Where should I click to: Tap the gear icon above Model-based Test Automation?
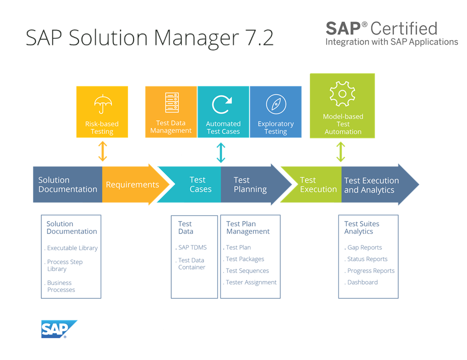(x=342, y=94)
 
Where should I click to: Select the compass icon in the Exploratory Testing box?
(x=275, y=104)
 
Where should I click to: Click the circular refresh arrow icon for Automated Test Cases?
(x=222, y=104)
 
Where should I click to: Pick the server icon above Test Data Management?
(x=171, y=102)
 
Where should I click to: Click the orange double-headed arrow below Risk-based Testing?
(x=102, y=150)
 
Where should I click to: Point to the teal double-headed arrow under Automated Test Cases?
(x=221, y=152)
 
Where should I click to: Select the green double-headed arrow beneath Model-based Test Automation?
(x=341, y=151)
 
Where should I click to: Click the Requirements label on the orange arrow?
(x=132, y=184)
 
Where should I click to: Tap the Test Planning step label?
(x=250, y=184)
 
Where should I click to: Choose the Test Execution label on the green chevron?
(x=318, y=184)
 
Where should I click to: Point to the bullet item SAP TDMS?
(x=192, y=247)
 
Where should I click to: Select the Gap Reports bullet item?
(x=364, y=247)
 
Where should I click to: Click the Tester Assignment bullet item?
(x=251, y=282)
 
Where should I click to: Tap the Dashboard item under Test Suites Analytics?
(x=362, y=282)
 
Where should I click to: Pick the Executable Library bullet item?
(x=72, y=248)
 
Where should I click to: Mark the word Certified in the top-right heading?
(x=404, y=28)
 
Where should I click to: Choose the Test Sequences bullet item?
(x=247, y=270)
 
